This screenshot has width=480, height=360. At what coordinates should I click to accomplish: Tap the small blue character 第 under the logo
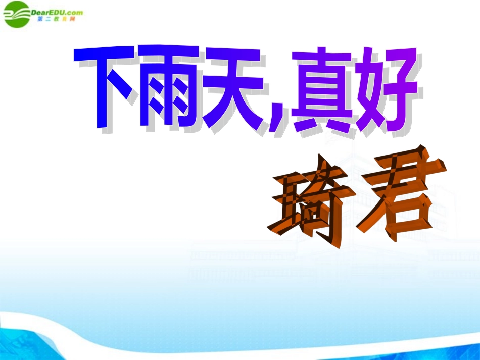(40, 19)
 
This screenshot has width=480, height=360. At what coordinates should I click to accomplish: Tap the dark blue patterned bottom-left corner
(20, 343)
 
